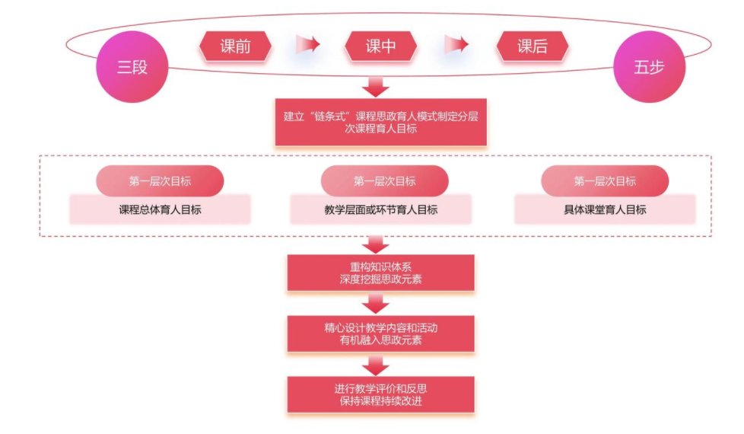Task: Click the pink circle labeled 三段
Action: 132,67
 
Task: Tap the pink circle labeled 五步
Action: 649,67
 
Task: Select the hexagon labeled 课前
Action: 236,46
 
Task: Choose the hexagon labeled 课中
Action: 380,46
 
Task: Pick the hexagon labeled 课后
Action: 533,46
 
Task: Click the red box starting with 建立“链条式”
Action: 380,123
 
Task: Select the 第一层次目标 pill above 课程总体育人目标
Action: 160,181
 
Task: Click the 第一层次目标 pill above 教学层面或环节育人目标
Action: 384,181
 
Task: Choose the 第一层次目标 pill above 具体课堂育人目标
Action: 605,181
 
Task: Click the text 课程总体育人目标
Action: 160,209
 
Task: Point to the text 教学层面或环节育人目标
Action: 381,209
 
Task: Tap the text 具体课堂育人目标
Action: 605,209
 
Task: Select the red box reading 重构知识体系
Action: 380,273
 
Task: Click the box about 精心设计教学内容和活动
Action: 380,333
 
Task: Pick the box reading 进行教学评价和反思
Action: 380,394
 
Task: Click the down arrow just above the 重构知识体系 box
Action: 376,244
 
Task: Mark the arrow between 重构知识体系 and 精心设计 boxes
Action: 376,304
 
